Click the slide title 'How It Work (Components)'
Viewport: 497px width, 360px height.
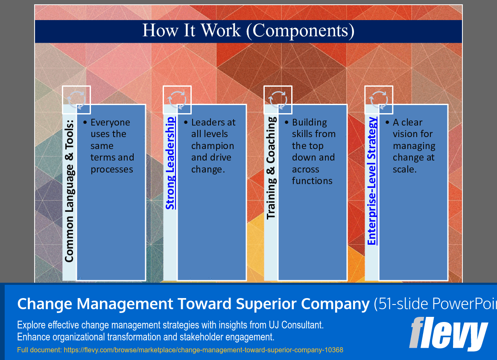[248, 31]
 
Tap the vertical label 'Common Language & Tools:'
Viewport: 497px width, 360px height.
[69, 190]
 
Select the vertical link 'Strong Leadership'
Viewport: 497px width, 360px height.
[170, 163]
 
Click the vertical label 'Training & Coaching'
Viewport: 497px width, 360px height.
[271, 168]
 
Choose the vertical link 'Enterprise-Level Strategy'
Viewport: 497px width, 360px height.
[372, 181]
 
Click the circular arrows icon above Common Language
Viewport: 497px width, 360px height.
[76, 100]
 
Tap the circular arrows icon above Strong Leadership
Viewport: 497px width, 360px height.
[177, 100]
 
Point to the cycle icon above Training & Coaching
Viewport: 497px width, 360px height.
[278, 100]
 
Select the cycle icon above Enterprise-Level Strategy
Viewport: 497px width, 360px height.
[379, 100]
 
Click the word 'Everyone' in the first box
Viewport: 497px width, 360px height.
[110, 123]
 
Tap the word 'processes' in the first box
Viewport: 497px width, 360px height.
[112, 170]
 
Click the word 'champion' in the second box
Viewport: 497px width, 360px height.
[213, 146]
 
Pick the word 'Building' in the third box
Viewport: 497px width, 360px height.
[310, 123]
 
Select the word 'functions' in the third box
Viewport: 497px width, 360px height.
[312, 181]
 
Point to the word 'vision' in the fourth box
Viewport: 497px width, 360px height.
[407, 134]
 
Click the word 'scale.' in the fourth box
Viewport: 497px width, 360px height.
[404, 170]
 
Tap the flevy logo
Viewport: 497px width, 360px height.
[448, 334]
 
